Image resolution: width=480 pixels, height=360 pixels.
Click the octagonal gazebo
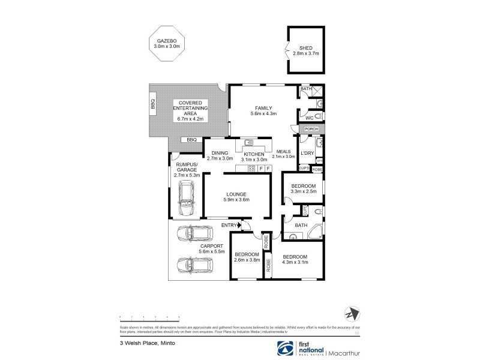click(166, 43)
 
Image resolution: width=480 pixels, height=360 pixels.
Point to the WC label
click(309, 118)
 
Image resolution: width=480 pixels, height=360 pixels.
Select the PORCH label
click(311, 129)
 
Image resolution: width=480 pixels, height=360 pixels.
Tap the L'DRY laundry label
click(307, 154)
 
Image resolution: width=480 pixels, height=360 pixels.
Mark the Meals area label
click(283, 152)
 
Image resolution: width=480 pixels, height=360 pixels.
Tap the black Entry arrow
click(242, 225)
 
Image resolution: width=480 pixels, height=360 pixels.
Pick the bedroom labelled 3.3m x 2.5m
click(303, 190)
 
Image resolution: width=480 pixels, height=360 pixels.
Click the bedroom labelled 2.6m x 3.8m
click(246, 258)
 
